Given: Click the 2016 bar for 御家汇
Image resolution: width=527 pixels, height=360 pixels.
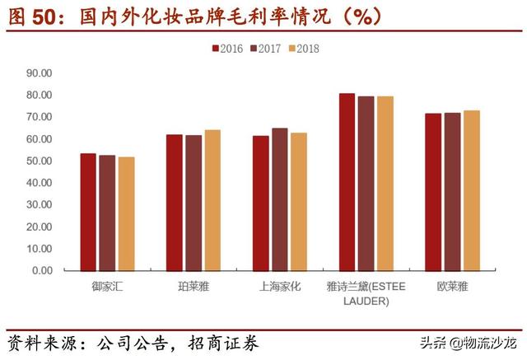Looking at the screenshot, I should tap(88, 212).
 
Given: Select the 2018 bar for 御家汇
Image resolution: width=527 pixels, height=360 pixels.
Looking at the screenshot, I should tap(126, 213).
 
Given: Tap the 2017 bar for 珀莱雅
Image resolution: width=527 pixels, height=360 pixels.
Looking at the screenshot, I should tap(194, 203).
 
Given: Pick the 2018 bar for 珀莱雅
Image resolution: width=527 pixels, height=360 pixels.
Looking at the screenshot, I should tap(212, 200).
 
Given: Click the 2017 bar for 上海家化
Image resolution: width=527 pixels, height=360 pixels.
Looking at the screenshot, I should tap(280, 199).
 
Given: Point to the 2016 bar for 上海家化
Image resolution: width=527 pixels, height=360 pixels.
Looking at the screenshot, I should tap(261, 203).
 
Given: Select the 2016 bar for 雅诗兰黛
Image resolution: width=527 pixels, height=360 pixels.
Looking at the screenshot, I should tap(347, 182).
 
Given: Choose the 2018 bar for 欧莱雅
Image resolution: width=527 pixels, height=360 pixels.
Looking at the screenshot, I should tap(472, 190).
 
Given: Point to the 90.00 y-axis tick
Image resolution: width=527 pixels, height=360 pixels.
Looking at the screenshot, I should tap(40, 72).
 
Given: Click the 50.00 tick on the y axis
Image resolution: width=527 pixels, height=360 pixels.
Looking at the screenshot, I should tap(40, 161).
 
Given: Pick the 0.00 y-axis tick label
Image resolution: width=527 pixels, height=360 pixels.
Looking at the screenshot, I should tap(42, 270).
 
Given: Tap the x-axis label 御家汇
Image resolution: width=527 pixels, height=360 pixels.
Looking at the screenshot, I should tap(107, 287).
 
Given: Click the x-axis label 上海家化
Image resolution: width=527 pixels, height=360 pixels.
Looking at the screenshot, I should tap(280, 287).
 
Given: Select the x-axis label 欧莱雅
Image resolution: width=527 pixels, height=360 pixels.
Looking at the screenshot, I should tap(453, 287).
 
